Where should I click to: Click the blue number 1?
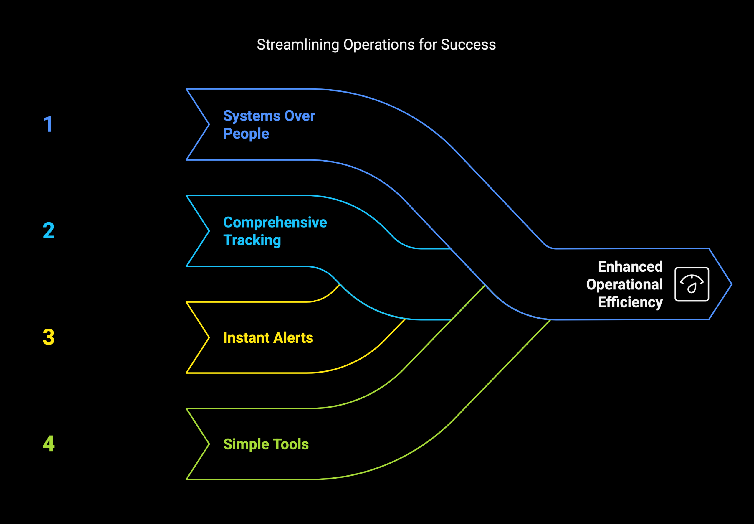click(48, 124)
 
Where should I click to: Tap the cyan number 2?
click(49, 230)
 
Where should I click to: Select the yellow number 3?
click(49, 337)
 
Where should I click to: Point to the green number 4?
click(49, 444)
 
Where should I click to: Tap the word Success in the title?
click(468, 45)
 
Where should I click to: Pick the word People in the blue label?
click(246, 134)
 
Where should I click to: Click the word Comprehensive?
click(275, 223)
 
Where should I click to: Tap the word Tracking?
click(252, 240)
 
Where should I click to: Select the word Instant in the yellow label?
click(247, 337)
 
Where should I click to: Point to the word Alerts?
click(293, 337)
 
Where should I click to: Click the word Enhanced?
click(630, 267)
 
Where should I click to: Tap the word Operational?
click(624, 285)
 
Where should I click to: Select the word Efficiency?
click(630, 302)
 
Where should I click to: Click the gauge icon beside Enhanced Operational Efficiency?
click(692, 284)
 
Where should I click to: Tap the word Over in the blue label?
click(300, 116)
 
